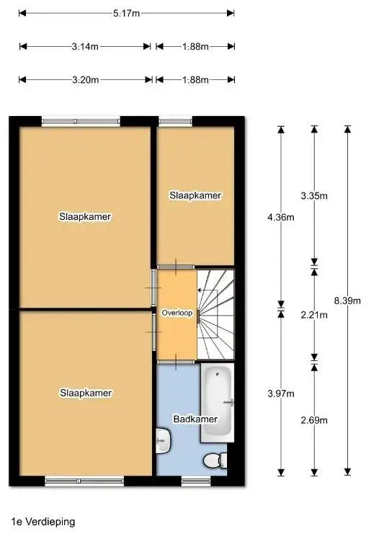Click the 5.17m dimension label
coord(126,13)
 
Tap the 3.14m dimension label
coord(85,47)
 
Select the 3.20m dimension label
coord(85,80)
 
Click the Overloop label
coord(177,314)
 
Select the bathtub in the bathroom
coord(218,403)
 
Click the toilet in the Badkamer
coord(215,460)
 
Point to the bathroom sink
coord(162,439)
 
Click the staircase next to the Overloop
coord(217,314)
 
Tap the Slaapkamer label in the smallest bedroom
coord(195,195)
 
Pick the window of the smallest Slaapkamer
coord(171,121)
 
